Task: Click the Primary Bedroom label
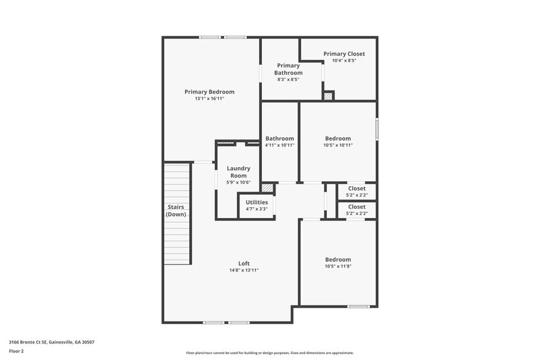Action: click(209, 92)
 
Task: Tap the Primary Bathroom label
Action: click(288, 69)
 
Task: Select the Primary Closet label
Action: click(344, 54)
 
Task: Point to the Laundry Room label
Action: click(238, 172)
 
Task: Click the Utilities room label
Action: click(257, 202)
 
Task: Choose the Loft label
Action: click(244, 263)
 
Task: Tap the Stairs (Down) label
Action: click(176, 211)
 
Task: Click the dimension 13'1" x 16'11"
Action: click(209, 99)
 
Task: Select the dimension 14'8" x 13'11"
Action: click(244, 270)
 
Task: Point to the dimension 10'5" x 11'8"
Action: click(338, 266)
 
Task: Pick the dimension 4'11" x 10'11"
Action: click(279, 145)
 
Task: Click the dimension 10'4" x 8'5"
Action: click(344, 61)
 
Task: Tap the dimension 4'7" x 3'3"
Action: click(257, 209)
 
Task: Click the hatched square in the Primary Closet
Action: click(329, 96)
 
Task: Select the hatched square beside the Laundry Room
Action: click(267, 187)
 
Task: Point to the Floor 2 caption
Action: click(17, 351)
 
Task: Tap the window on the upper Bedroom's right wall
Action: click(377, 129)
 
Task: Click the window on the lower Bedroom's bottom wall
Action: click(358, 306)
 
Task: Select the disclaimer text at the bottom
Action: click(269, 353)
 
